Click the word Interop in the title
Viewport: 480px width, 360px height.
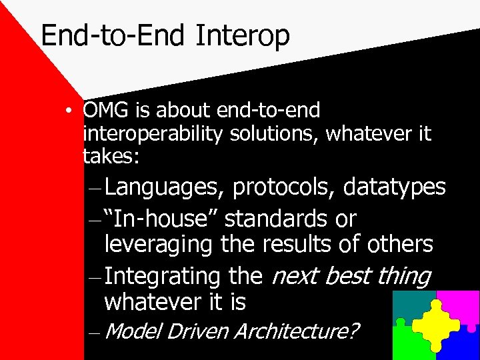(x=243, y=35)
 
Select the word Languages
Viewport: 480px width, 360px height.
(x=163, y=187)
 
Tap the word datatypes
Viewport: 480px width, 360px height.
(x=394, y=187)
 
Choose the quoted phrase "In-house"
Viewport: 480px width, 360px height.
(x=167, y=218)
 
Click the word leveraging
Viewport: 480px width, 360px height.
(x=159, y=244)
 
